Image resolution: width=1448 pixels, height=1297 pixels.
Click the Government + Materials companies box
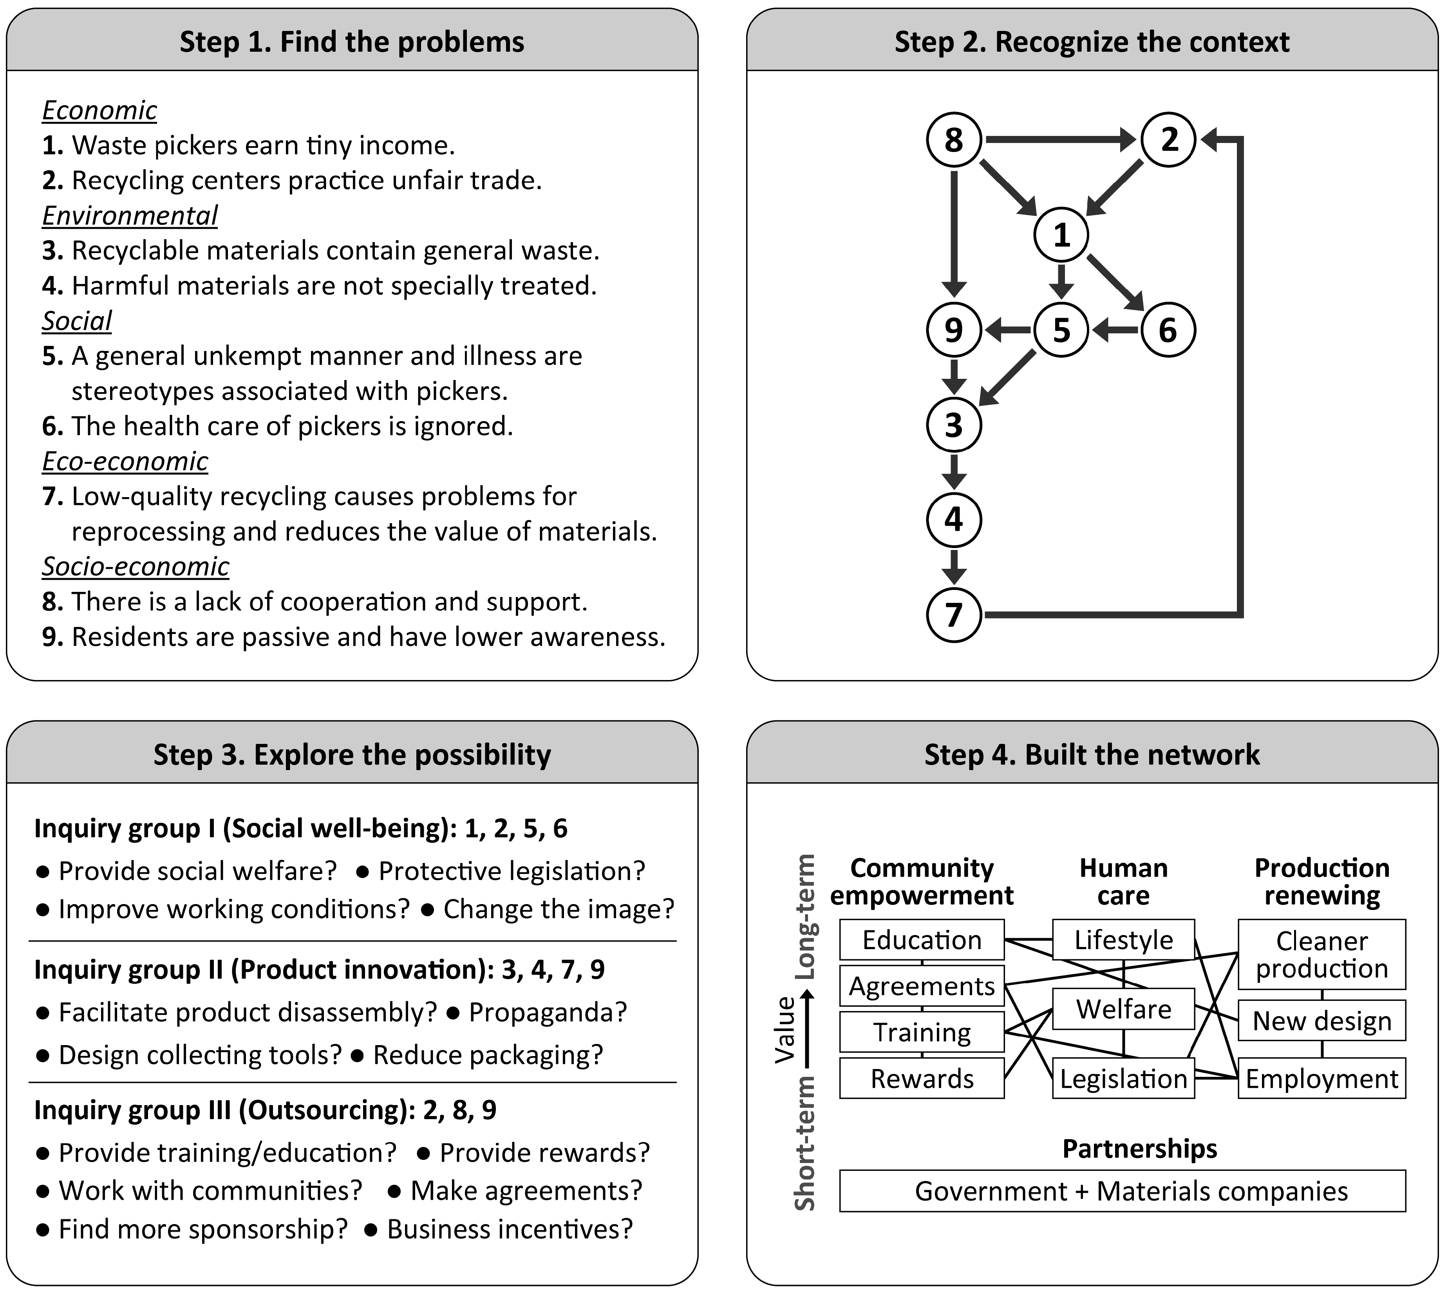pyautogui.click(x=1123, y=1191)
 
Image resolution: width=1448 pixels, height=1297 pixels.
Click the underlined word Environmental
pyautogui.click(x=130, y=215)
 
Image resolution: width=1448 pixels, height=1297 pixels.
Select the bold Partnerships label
pyautogui.click(x=1139, y=1149)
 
